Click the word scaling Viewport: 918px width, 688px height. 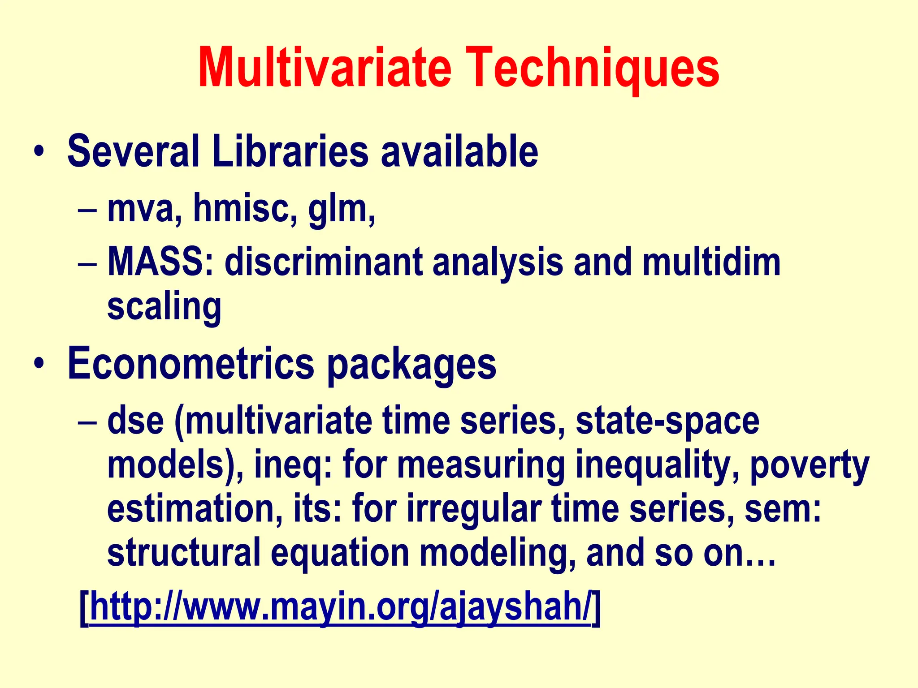click(x=164, y=308)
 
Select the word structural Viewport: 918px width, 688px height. click(x=184, y=553)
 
